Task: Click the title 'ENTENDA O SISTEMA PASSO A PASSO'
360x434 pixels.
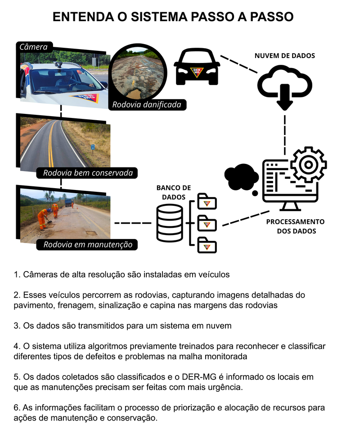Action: tap(173, 17)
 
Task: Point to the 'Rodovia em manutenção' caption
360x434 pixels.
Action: tap(87, 245)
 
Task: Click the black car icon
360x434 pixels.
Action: tap(197, 68)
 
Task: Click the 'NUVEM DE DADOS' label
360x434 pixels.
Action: tap(284, 56)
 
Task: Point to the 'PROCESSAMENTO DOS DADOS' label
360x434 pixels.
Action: tap(295, 226)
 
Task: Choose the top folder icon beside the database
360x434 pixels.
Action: tap(207, 202)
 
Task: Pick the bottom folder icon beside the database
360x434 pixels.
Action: tap(207, 245)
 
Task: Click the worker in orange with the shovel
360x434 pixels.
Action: tap(43, 218)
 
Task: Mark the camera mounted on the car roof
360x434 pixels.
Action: tap(58, 64)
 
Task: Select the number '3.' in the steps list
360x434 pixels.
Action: tap(17, 325)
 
